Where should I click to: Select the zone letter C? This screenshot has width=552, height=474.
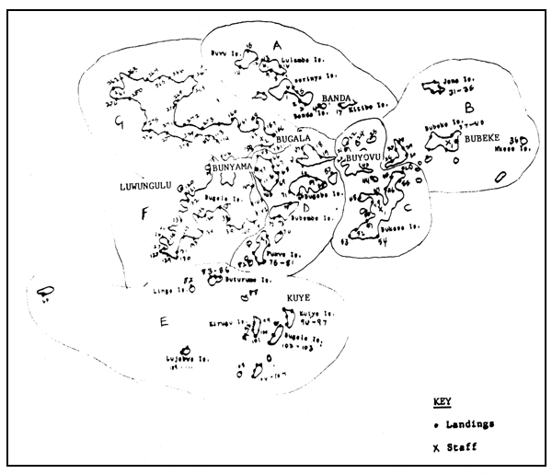point(408,206)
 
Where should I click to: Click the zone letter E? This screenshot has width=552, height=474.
point(164,322)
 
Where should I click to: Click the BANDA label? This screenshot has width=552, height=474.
point(339,98)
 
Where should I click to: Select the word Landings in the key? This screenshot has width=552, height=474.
point(469,424)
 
